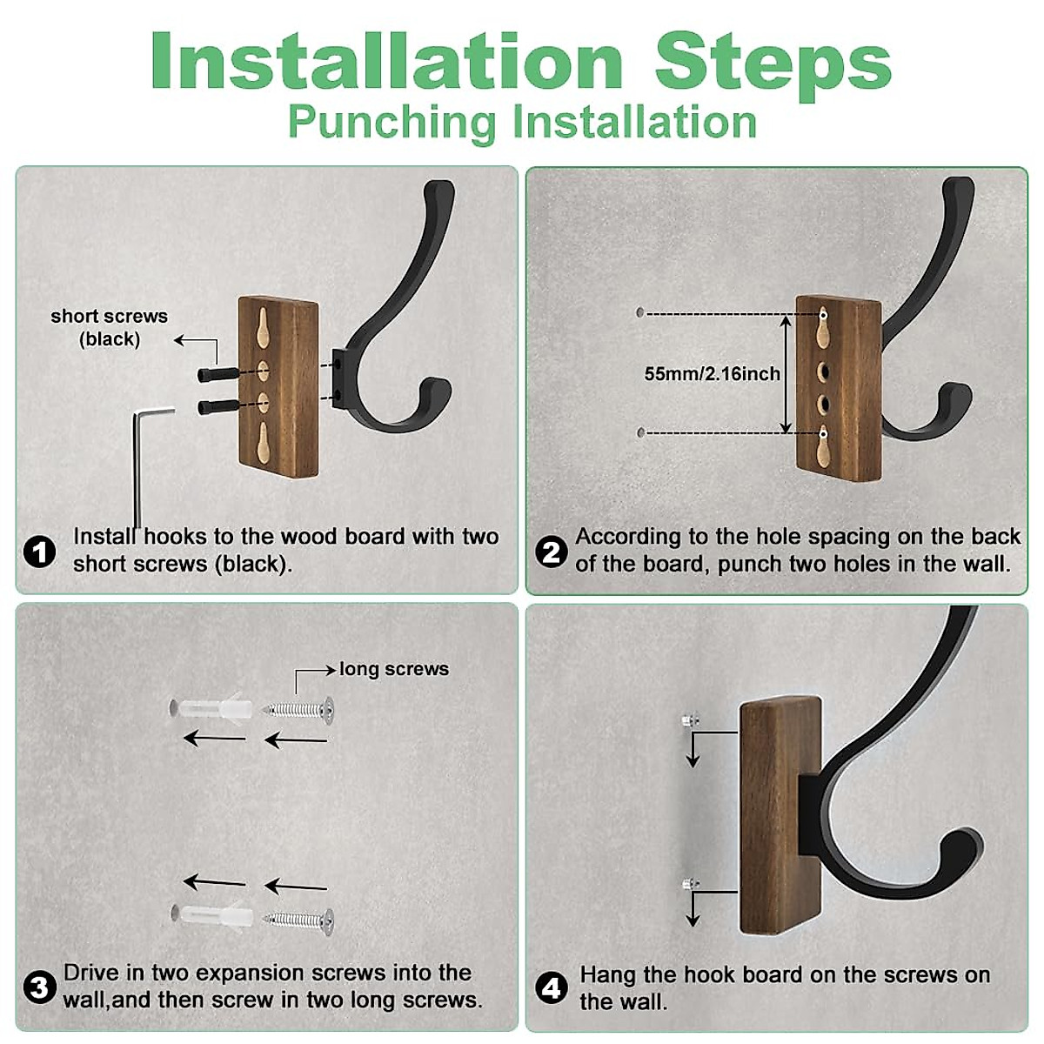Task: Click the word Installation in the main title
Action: [387, 61]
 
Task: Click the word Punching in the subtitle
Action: [391, 123]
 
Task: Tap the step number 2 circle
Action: [551, 552]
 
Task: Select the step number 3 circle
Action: [39, 987]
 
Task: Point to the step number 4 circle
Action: [551, 987]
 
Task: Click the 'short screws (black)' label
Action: [110, 327]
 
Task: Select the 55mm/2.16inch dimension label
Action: [712, 373]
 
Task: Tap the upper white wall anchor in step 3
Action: [212, 707]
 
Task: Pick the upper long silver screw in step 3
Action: [298, 709]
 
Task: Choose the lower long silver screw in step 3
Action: [298, 920]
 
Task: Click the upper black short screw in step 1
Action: [218, 374]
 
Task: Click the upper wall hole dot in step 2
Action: [639, 312]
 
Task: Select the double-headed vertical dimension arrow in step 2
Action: [786, 374]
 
